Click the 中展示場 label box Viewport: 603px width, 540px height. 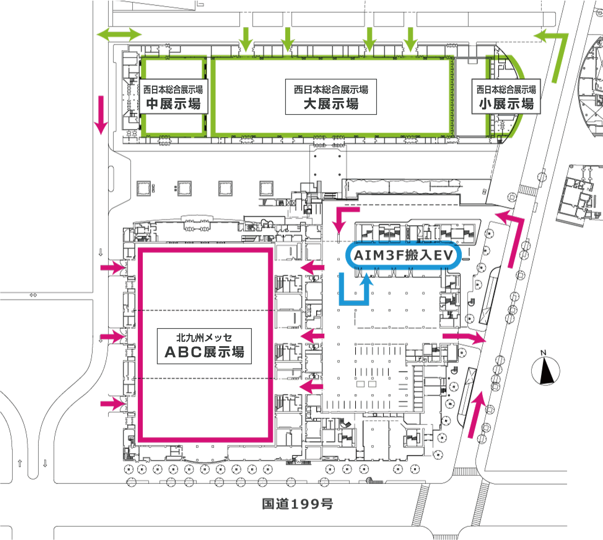click(173, 96)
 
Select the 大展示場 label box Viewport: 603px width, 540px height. click(331, 97)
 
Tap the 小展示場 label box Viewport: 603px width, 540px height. click(506, 96)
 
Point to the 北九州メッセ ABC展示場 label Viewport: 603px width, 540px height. click(204, 346)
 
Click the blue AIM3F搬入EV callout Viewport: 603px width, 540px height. click(404, 255)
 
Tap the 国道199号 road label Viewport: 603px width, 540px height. click(297, 504)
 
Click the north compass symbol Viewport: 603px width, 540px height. click(546, 370)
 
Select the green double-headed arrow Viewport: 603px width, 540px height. click(119, 34)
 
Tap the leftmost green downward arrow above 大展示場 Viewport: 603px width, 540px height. click(246, 39)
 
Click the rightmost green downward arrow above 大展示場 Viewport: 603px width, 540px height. click(410, 39)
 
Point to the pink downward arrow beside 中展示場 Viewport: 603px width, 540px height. click(101, 115)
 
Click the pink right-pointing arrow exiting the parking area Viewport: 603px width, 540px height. click(464, 337)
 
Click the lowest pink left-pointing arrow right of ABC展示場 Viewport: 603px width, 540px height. click(312, 386)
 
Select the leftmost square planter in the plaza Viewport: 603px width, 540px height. click(144, 188)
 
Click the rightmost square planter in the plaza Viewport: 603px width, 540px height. click(266, 188)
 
